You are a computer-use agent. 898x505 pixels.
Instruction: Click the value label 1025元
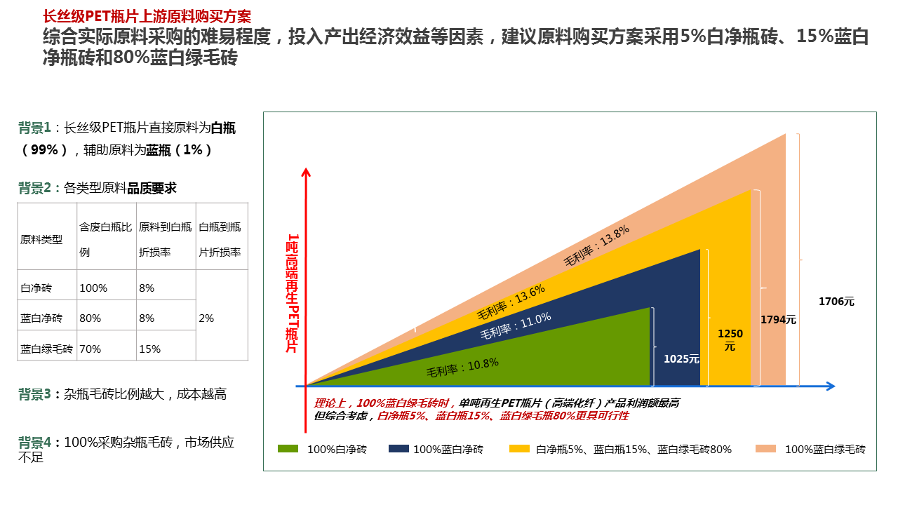681,359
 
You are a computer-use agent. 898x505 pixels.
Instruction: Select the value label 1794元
779,319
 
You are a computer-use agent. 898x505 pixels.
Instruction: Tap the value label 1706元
836,302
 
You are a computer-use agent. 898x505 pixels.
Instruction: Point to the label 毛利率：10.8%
462,368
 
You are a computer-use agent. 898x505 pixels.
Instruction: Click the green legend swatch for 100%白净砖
288,449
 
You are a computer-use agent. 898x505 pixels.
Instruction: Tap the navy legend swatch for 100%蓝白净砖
398,449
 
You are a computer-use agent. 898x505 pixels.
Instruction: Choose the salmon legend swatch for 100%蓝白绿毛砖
765,449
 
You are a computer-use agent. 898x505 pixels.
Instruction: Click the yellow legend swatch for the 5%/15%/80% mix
519,449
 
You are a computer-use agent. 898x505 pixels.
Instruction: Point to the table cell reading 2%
206,318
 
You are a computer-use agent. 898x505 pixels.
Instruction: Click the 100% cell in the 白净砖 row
93,288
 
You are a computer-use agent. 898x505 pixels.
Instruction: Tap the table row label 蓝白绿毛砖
47,349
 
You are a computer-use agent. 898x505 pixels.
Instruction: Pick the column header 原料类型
41,240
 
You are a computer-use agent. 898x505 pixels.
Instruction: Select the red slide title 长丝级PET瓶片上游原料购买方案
147,16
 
